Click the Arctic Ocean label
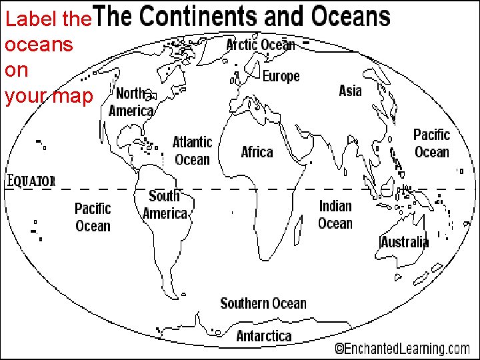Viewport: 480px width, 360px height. pyautogui.click(x=261, y=45)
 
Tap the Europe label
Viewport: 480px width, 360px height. pyautogui.click(x=281, y=76)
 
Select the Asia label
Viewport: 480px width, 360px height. pyautogui.click(x=350, y=91)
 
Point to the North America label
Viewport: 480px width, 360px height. pyautogui.click(x=131, y=102)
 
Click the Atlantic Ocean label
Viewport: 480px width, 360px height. pyautogui.click(x=192, y=151)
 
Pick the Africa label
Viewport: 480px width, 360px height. pyautogui.click(x=257, y=152)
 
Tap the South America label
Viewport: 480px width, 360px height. pyautogui.click(x=165, y=205)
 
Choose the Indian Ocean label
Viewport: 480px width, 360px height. pyautogui.click(x=335, y=215)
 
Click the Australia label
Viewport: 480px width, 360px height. pyautogui.click(x=405, y=241)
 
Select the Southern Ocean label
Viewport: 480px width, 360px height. pyautogui.click(x=263, y=303)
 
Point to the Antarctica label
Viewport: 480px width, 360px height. pyautogui.click(x=264, y=335)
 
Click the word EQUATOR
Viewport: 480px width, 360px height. pyautogui.click(x=31, y=181)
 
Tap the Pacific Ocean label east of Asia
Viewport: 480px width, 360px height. pyautogui.click(x=431, y=143)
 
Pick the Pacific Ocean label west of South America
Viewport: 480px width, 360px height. pyautogui.click(x=93, y=217)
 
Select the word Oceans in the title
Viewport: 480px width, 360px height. pyautogui.click(x=347, y=16)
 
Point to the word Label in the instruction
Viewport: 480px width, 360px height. pyautogui.click(x=23, y=19)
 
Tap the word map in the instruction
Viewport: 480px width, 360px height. pyautogui.click(x=73, y=97)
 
